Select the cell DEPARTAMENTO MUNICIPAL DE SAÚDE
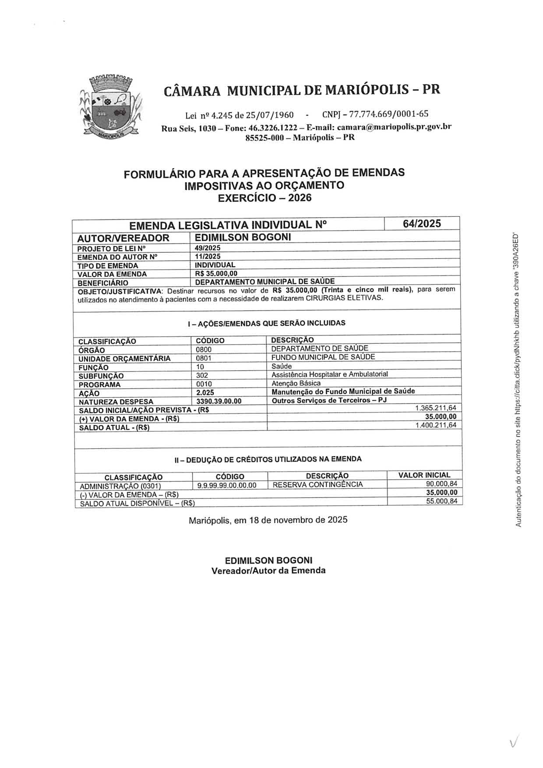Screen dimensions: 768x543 (x=265, y=281)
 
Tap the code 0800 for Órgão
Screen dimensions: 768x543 (x=204, y=350)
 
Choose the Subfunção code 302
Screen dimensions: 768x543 (x=202, y=375)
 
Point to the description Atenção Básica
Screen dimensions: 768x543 (x=296, y=383)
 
